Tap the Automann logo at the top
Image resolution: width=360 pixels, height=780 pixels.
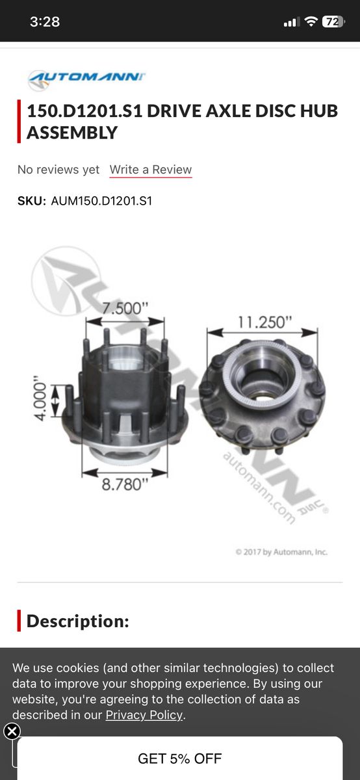(86, 79)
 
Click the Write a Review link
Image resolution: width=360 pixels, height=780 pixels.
(151, 170)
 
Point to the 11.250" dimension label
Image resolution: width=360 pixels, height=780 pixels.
(264, 322)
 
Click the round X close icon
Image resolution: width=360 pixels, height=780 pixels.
(12, 731)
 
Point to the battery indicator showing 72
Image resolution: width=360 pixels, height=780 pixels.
(333, 21)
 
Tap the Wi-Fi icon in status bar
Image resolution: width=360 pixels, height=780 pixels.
(311, 21)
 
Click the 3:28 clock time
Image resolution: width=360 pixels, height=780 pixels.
(45, 21)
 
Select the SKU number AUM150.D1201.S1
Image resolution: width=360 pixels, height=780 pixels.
(101, 201)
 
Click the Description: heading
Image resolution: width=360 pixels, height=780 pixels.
(77, 621)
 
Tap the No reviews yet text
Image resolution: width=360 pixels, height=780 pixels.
(58, 170)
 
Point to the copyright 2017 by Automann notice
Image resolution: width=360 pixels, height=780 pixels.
(281, 552)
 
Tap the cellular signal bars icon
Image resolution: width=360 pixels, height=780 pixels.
(290, 22)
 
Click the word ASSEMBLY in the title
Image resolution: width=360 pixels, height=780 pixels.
(72, 133)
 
